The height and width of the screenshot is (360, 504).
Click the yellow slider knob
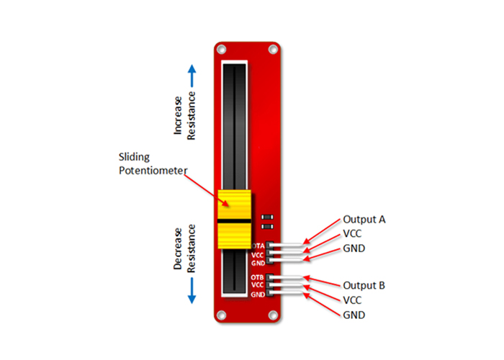click(x=234, y=219)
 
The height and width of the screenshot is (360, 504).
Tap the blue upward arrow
click(x=192, y=76)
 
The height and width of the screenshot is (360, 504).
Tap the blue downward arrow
click(x=192, y=291)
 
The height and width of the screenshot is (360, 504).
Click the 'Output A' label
click(x=364, y=220)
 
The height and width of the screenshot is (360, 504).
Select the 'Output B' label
click(x=364, y=285)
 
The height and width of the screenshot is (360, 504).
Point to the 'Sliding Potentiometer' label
click(x=153, y=163)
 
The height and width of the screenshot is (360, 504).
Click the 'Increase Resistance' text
click(x=184, y=116)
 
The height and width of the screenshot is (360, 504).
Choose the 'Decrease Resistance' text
click(x=184, y=248)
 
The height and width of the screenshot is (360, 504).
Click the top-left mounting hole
click(x=222, y=50)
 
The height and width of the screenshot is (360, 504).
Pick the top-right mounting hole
click(x=273, y=50)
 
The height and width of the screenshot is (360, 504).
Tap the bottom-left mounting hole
click(x=222, y=315)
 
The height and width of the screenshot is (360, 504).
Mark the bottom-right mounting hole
click(x=273, y=315)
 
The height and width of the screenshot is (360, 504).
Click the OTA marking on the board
click(x=258, y=246)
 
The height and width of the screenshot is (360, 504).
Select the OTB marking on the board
click(x=257, y=277)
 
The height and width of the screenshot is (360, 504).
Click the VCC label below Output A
click(x=352, y=234)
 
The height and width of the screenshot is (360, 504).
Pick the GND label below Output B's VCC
click(x=354, y=315)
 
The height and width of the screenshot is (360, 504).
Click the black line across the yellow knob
click(x=234, y=221)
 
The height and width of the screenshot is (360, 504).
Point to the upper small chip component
click(x=267, y=217)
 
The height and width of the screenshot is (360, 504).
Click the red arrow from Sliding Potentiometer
click(x=207, y=190)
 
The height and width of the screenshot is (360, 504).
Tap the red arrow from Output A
click(x=321, y=231)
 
